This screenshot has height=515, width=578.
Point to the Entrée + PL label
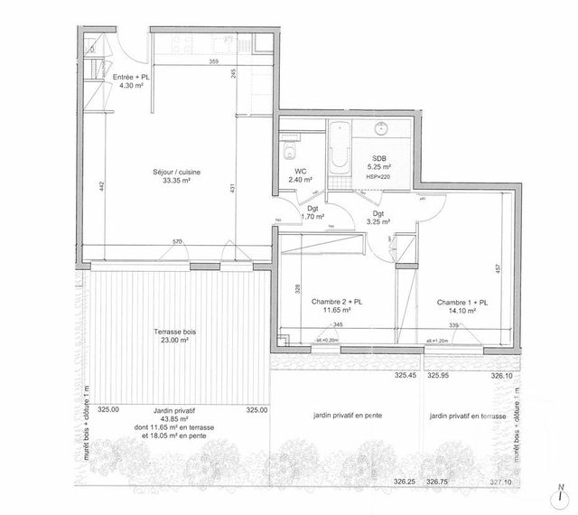(x=132, y=81)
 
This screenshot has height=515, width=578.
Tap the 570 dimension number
(x=178, y=242)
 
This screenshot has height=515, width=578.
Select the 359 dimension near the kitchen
(x=213, y=61)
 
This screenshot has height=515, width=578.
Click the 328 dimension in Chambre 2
(x=296, y=289)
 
